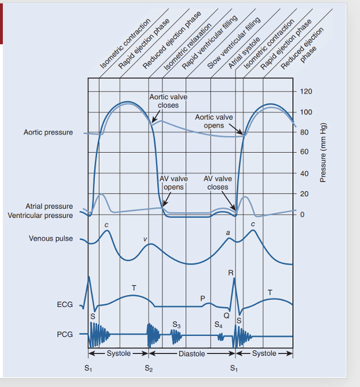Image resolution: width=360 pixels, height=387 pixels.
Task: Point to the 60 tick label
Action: [x=304, y=152]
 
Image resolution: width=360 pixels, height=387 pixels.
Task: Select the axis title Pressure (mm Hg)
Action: [x=323, y=153]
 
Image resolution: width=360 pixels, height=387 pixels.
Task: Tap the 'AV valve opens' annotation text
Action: [x=174, y=183]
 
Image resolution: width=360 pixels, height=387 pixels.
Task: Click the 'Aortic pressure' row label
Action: [x=48, y=132]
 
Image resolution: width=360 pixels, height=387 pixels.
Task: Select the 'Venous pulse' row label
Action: [x=51, y=238]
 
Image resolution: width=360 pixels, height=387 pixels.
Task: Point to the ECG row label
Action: [x=65, y=305]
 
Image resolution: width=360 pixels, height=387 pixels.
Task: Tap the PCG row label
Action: [x=65, y=335]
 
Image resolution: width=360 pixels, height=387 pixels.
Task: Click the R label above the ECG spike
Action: [x=230, y=273]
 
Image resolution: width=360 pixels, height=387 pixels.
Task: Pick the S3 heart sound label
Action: [x=176, y=325]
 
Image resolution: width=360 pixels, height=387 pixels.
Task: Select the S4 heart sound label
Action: [x=219, y=325]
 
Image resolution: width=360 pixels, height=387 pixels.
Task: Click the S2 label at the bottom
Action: [x=148, y=368]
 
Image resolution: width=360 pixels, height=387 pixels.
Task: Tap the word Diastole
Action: [x=191, y=353]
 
